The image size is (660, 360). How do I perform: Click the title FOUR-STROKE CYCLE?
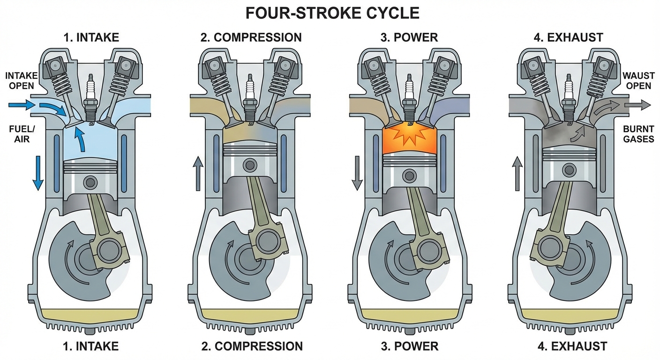pos(330,13)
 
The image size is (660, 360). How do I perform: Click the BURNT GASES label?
pos(638,134)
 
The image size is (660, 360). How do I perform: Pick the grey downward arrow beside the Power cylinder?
pos(357,173)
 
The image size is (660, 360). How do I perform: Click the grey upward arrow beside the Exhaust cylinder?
pos(517,173)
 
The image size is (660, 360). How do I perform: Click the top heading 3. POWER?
pos(409,37)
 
